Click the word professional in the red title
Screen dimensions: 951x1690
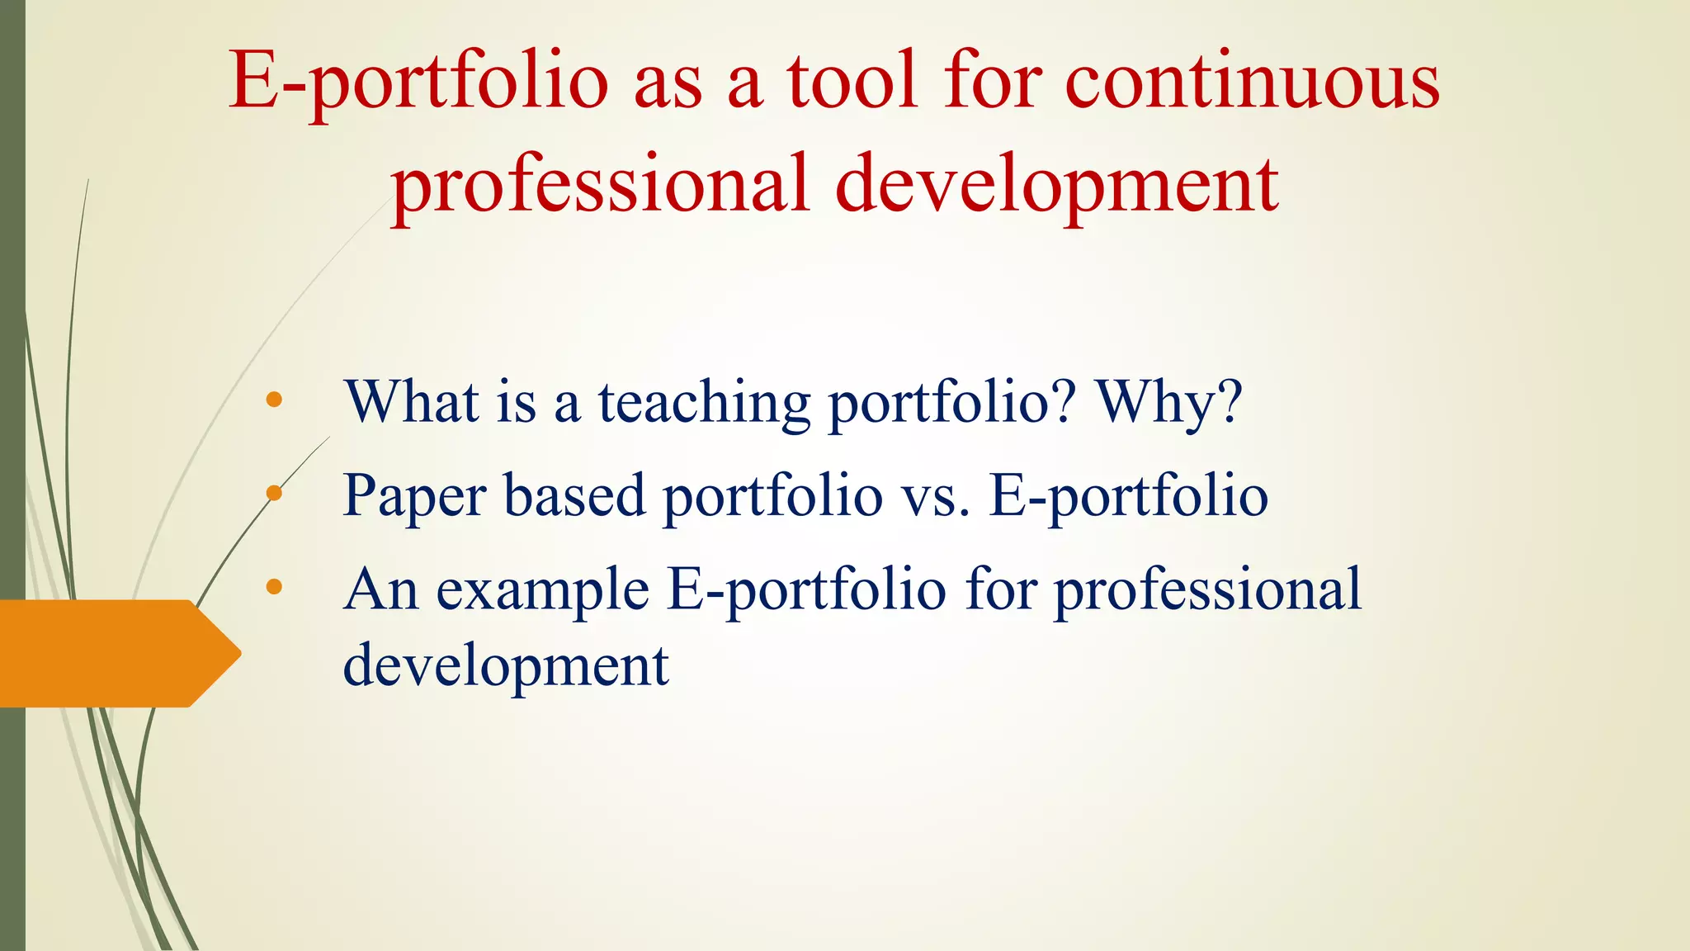pyautogui.click(x=600, y=185)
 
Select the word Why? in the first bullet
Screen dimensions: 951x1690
pyautogui.click(x=1168, y=403)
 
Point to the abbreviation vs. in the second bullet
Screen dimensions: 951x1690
pyautogui.click(x=935, y=497)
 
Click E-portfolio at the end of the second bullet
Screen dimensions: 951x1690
pyautogui.click(x=1128, y=497)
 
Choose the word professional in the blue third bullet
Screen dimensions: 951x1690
pyautogui.click(x=1207, y=591)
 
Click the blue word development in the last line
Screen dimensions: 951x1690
pyautogui.click(x=505, y=665)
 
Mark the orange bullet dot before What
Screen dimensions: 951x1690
pyautogui.click(x=275, y=401)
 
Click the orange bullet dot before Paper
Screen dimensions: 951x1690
pyautogui.click(x=275, y=494)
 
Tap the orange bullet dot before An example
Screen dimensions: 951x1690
pyautogui.click(x=275, y=588)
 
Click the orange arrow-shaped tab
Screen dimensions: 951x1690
pyautogui.click(x=116, y=653)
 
